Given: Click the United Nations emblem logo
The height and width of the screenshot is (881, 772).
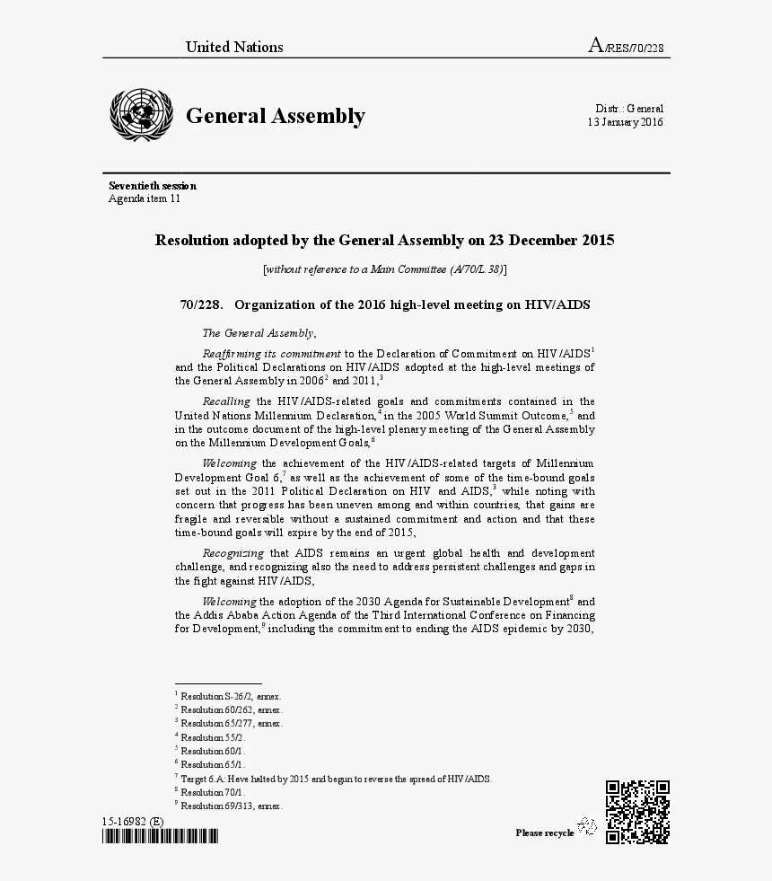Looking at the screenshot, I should click(x=140, y=115).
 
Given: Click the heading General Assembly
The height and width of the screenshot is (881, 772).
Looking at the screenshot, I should click(x=275, y=116).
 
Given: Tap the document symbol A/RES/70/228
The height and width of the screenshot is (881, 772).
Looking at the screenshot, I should click(x=626, y=47).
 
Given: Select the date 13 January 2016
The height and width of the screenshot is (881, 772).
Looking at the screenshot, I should click(x=625, y=122).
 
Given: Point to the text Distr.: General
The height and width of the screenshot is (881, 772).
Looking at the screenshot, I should click(x=628, y=108).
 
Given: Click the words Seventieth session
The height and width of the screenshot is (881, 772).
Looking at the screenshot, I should click(x=153, y=186).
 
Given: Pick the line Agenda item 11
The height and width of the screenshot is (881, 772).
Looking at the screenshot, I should click(x=145, y=198).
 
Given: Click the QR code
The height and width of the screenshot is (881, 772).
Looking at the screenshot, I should click(x=637, y=812).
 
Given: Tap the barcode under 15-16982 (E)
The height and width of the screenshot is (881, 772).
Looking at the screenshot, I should click(x=160, y=837).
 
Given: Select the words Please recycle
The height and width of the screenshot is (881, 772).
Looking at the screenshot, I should click(x=544, y=833).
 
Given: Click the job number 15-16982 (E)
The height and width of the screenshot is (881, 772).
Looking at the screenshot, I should click(x=132, y=822).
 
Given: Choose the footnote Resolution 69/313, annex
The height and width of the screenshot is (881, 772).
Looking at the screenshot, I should click(x=230, y=806).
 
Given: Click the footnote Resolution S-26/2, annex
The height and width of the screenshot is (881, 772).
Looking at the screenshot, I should click(x=230, y=696).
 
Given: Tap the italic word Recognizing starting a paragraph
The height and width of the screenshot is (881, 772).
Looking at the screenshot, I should click(x=232, y=553).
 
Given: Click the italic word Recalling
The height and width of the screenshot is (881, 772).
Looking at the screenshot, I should click(x=226, y=401).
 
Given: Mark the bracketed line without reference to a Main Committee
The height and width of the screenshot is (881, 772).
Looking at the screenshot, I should click(x=385, y=269).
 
